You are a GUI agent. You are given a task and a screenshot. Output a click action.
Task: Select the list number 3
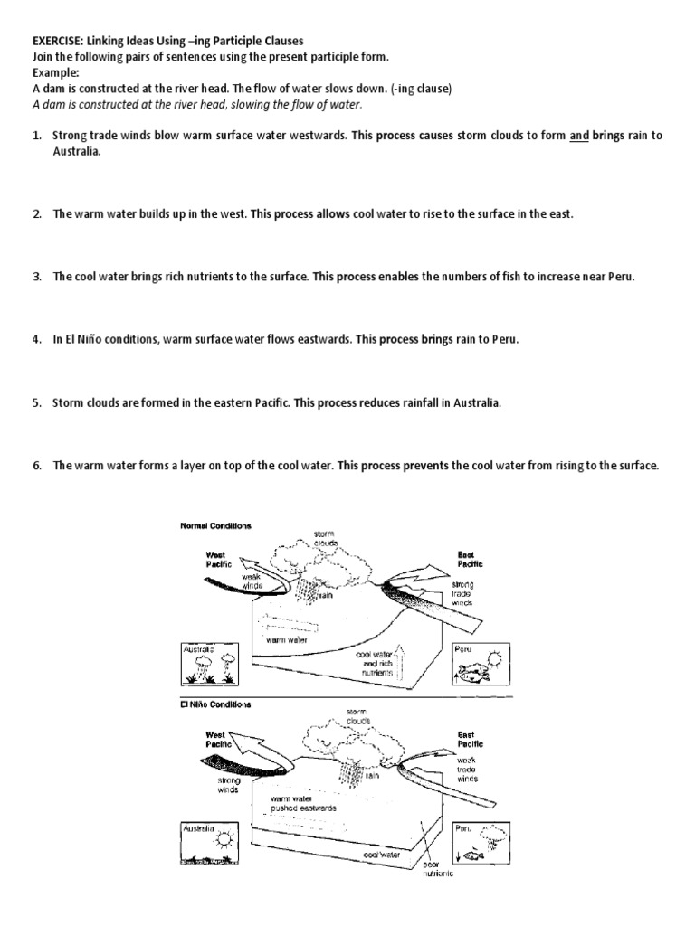[37, 277]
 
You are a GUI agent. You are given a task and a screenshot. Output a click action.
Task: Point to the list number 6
[37, 466]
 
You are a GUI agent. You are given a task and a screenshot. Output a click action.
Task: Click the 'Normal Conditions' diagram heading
[214, 525]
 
